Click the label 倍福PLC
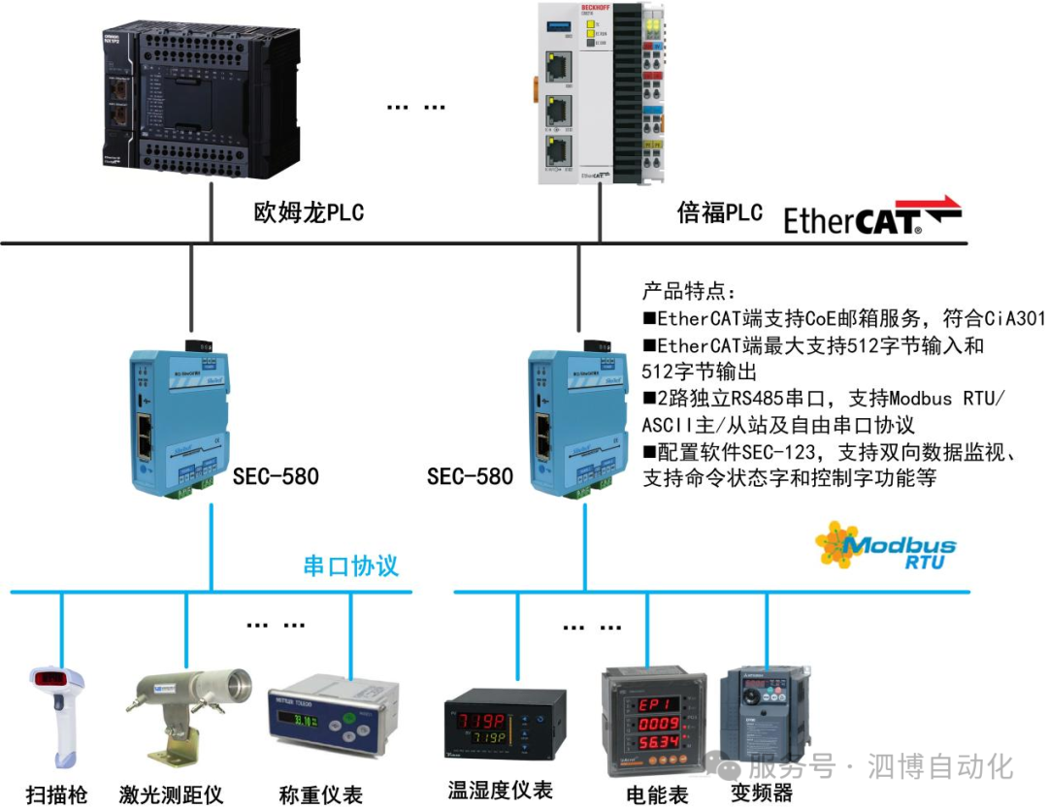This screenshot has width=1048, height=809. (x=719, y=212)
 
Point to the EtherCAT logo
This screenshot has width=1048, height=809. (x=871, y=217)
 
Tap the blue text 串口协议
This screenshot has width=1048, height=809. (x=350, y=566)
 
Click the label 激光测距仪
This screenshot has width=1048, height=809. (x=171, y=794)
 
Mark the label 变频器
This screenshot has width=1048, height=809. (x=762, y=792)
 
